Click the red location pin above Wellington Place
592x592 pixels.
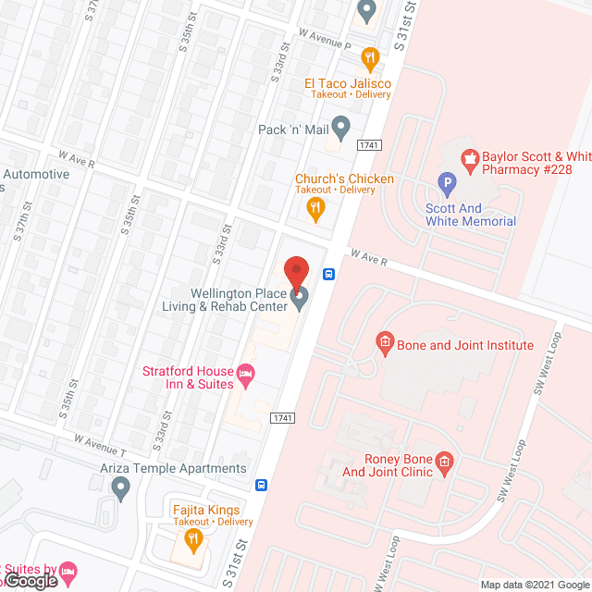click(x=296, y=270)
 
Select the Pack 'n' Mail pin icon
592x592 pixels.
click(x=340, y=126)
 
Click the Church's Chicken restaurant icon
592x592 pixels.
click(x=315, y=209)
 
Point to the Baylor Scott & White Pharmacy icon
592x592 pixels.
click(x=470, y=161)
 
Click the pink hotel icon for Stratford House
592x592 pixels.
click(x=245, y=375)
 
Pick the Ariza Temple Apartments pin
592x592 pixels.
click(x=120, y=487)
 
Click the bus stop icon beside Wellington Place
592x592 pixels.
click(x=328, y=274)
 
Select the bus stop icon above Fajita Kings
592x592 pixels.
click(x=263, y=485)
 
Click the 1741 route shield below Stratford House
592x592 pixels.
click(x=282, y=419)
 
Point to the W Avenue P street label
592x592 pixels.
click(x=325, y=38)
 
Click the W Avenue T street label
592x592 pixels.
click(x=101, y=438)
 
